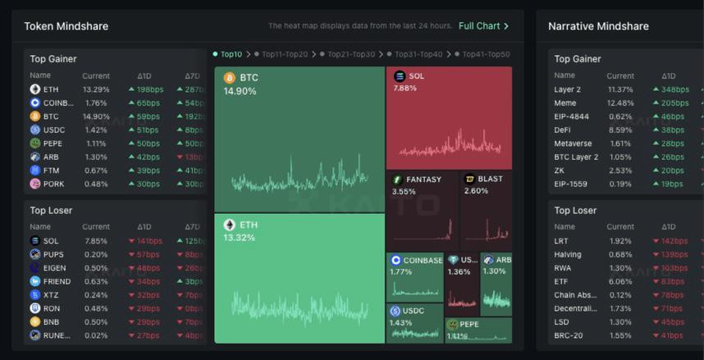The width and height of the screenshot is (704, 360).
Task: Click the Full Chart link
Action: pos(483,26)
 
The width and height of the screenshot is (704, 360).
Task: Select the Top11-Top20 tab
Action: pos(284,54)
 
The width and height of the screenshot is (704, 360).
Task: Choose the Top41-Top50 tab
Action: pos(486,54)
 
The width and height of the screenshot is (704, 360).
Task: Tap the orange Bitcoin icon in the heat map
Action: pos(230,78)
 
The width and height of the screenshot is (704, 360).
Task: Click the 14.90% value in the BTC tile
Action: pos(240,91)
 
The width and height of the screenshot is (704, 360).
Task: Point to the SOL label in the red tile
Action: pos(416,76)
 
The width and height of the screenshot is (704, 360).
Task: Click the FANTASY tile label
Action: pos(423,180)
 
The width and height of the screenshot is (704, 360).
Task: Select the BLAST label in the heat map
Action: pos(490,180)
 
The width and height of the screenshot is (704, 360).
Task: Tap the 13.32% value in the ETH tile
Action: pos(239,238)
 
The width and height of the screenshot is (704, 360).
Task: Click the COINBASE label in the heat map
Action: pos(423,260)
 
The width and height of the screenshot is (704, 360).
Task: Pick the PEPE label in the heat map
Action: pos(469,325)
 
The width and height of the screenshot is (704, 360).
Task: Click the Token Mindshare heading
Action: pos(66,26)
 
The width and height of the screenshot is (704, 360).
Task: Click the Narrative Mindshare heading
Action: pos(598,26)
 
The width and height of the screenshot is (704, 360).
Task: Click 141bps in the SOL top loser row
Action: pos(149,241)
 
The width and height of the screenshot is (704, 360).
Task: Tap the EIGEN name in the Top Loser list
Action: pos(55,268)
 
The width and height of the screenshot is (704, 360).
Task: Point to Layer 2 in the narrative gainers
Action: pos(567,89)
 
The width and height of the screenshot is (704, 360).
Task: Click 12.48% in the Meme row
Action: pos(620,103)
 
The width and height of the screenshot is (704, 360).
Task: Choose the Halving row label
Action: pos(569,254)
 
